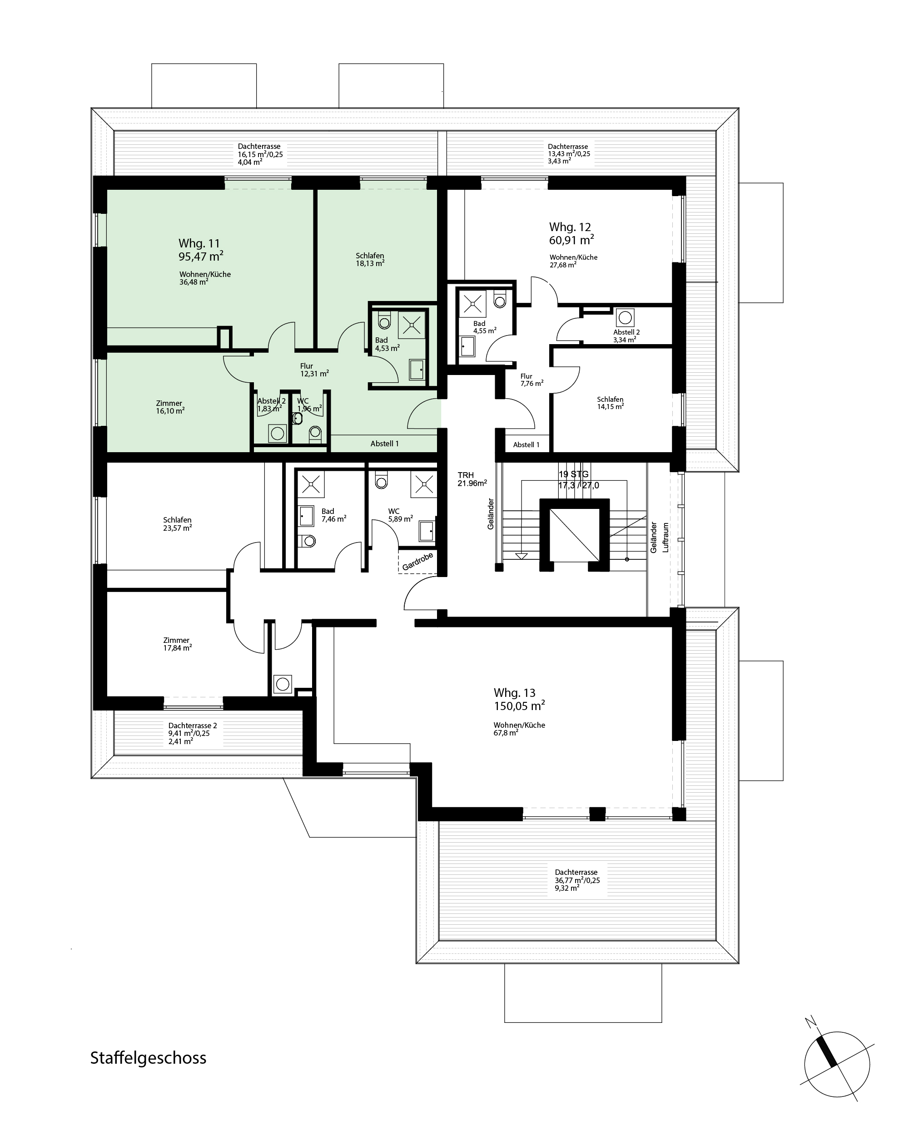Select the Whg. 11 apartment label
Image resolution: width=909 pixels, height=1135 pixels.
tap(199, 243)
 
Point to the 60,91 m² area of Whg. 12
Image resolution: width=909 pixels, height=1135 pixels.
tap(572, 240)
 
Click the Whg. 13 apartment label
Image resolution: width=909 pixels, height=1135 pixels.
tap(515, 692)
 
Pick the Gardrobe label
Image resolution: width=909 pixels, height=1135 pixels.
tap(417, 562)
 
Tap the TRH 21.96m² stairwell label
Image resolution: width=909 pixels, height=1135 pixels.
tap(472, 479)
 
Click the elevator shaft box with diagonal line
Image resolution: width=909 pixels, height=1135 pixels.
tap(574, 535)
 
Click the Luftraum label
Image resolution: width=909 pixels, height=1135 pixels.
tap(666, 537)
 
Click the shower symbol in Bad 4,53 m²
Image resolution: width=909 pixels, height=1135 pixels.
tap(411, 325)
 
